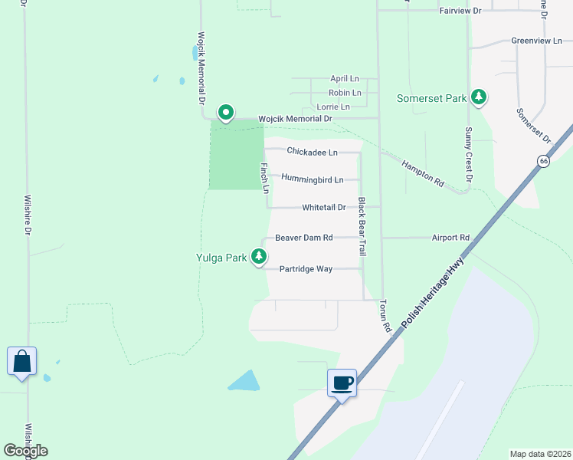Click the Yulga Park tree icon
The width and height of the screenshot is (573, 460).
260,257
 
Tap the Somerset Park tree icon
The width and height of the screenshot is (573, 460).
479,97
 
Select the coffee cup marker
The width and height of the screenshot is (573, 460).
342,382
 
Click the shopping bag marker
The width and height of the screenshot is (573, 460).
21,360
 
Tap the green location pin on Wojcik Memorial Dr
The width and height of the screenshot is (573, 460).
226,112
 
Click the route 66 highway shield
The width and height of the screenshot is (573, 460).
543,161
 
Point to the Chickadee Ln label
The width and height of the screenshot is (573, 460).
312,152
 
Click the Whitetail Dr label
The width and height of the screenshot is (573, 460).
324,207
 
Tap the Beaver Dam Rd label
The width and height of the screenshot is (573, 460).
304,238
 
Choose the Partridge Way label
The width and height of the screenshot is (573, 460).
306,269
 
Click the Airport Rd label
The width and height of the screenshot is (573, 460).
450,238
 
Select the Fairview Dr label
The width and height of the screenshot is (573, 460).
460,11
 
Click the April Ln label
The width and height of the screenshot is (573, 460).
344,78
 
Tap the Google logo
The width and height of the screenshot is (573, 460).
25,451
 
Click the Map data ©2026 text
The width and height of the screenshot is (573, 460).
540,454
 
